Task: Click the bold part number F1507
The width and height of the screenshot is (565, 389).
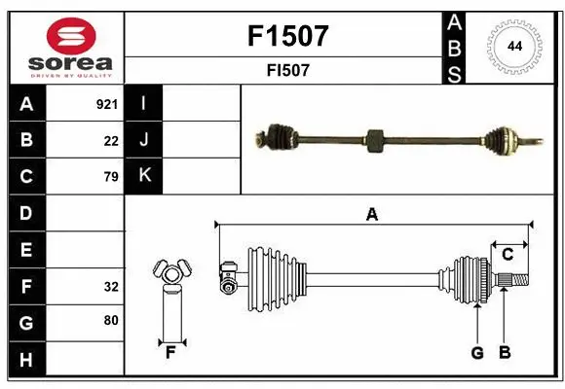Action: pos(289,36)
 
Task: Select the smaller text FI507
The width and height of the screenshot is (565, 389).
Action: pos(289,71)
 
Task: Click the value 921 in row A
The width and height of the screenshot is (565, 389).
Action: pos(107,104)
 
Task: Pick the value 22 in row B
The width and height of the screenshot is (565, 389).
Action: pos(111,141)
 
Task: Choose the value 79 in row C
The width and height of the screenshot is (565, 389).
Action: pos(110,177)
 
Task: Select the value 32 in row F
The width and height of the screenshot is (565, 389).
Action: pos(110,287)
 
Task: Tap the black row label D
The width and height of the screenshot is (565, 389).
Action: pos(25,213)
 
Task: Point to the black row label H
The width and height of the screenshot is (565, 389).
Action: pos(25,361)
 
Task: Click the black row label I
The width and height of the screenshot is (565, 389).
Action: pos(144,103)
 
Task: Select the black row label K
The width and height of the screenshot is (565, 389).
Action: pos(144,176)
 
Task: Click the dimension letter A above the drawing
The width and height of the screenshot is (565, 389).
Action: pos(371,215)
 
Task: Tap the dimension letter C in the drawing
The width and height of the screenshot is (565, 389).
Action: pos(508,255)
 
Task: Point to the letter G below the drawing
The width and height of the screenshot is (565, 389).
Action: pos(477,353)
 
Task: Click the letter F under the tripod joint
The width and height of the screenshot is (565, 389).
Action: pos(170,353)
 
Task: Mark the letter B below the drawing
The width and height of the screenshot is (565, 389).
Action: pos(505,353)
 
